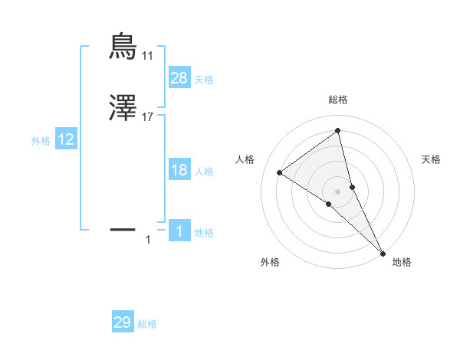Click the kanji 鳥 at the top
click(x=123, y=47)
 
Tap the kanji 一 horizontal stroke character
click(x=123, y=228)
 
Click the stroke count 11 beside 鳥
click(x=148, y=56)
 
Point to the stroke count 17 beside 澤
click(x=148, y=118)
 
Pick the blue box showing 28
click(x=179, y=78)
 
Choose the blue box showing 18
click(x=179, y=170)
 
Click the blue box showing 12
click(x=66, y=139)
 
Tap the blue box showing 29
click(x=123, y=322)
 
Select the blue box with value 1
click(x=179, y=231)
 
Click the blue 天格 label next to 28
click(x=204, y=80)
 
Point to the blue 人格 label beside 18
click(x=204, y=172)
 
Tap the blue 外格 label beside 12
click(x=41, y=141)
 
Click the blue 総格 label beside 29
click(x=147, y=324)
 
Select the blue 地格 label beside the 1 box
click(x=204, y=233)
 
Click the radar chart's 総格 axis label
click(x=337, y=100)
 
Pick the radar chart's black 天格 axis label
click(x=432, y=159)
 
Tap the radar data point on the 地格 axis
click(x=383, y=252)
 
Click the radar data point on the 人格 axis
click(x=279, y=172)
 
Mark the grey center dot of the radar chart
click(x=337, y=191)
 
